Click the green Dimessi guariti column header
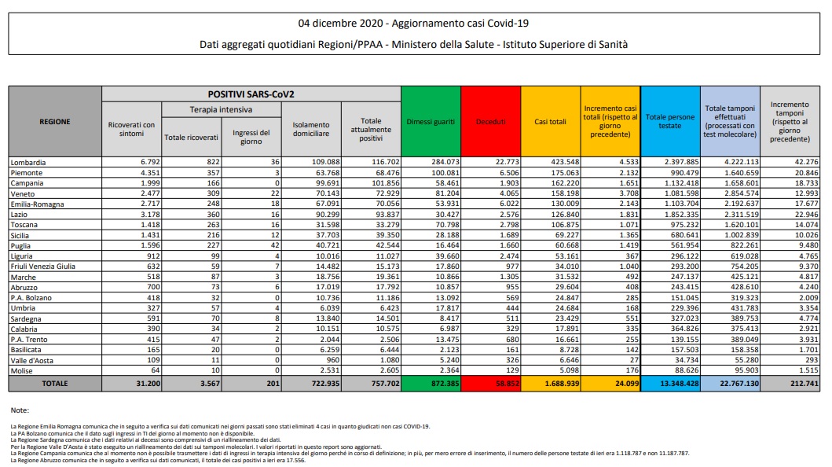(x=430, y=122)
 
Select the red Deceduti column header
(x=492, y=122)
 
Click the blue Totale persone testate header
(x=670, y=122)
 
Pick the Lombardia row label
(x=28, y=162)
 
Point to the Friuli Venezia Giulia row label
(x=43, y=266)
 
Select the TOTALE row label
(x=55, y=384)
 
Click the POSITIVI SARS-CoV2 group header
(x=251, y=94)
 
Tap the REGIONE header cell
(x=55, y=122)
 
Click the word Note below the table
(x=20, y=410)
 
